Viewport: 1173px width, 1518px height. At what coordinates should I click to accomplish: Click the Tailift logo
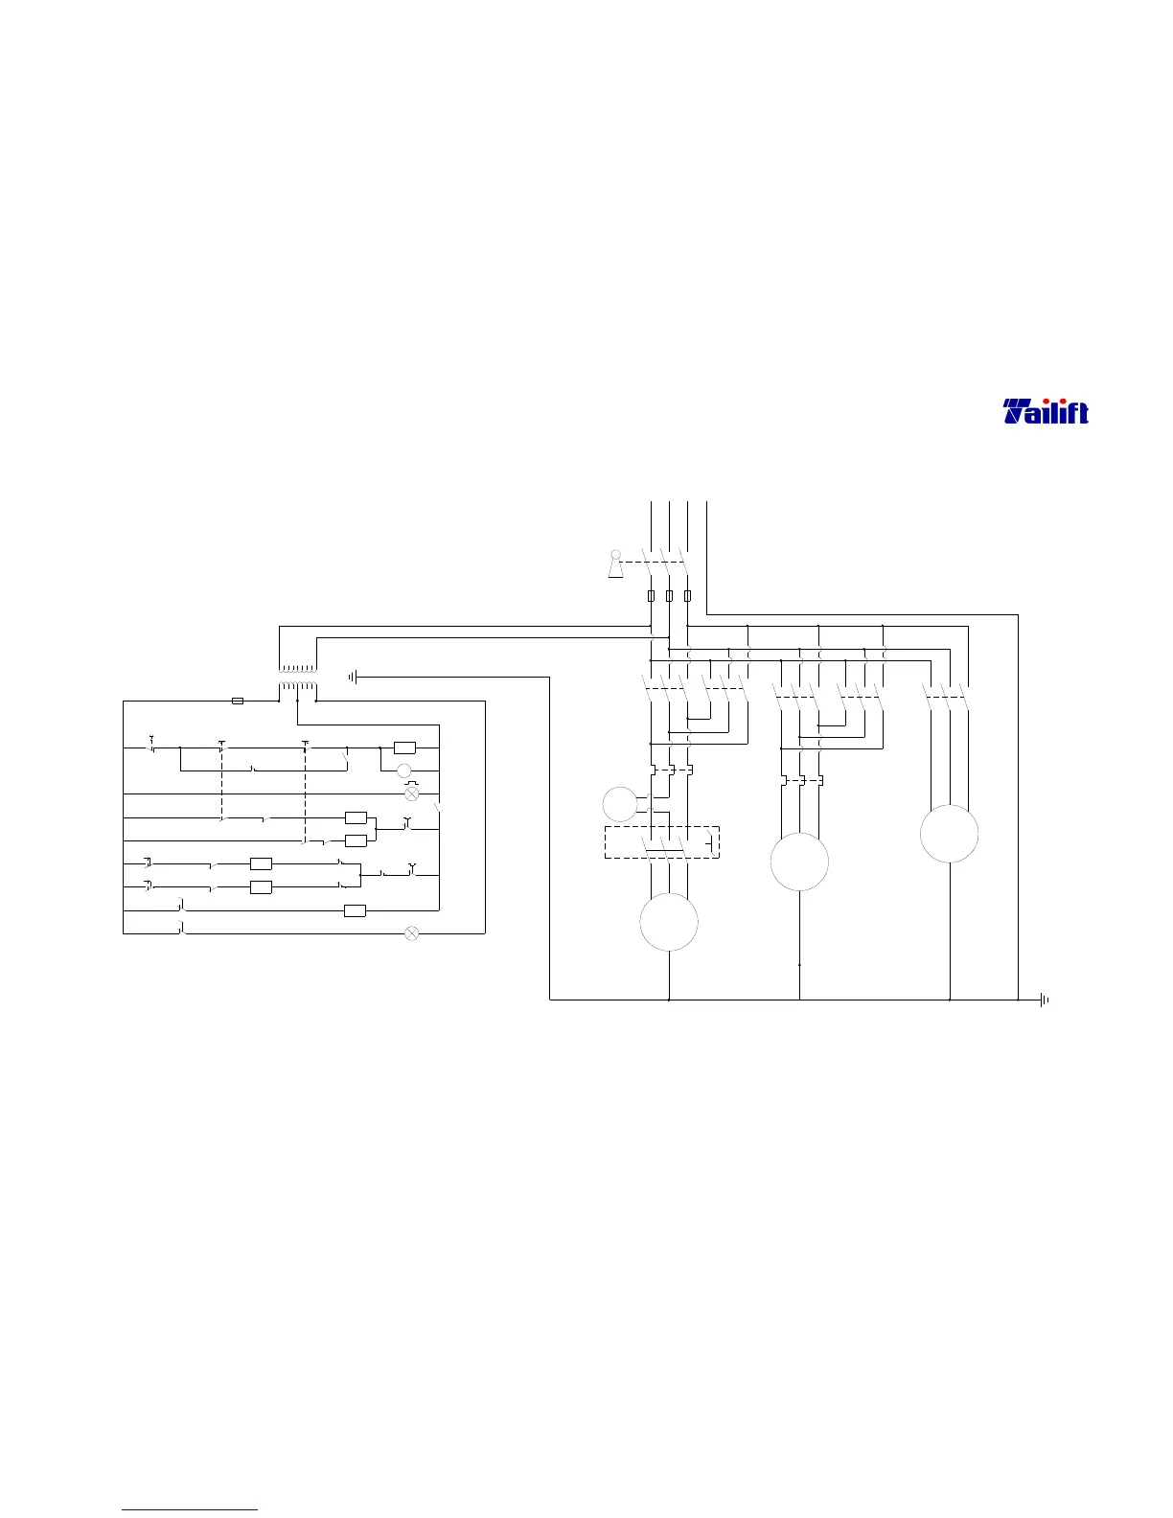point(1046,412)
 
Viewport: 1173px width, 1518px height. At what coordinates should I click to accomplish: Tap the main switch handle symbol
point(615,565)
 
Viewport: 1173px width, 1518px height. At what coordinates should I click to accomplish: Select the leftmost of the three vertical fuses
point(652,595)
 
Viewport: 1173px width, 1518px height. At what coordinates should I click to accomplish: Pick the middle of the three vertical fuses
point(669,595)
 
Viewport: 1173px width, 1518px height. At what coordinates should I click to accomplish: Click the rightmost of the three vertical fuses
point(687,595)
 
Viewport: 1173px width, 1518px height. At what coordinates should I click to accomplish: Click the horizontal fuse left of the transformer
point(238,701)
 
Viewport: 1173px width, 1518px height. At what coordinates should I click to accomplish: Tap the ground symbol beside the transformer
point(354,677)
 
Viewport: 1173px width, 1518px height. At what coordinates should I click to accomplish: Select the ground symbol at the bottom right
point(1044,1000)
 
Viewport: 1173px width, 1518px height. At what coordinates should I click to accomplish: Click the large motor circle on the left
point(668,922)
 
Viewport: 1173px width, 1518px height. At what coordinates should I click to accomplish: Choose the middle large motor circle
point(799,862)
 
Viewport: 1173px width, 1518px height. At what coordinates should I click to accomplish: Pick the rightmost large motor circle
point(949,834)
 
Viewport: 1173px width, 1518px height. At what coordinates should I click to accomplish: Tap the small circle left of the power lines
point(620,803)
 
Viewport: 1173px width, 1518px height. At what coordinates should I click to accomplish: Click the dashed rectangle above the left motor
point(661,842)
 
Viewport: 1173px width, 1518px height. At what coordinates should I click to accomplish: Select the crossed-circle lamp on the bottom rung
point(412,932)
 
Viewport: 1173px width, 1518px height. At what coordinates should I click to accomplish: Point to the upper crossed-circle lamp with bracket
point(412,793)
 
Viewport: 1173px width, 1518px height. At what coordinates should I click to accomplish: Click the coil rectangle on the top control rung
point(404,747)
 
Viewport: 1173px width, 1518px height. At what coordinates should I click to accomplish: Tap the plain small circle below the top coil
point(404,771)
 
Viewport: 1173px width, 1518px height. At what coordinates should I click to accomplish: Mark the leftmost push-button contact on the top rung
point(151,746)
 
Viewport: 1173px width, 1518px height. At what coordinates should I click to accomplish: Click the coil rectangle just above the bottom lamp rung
point(355,910)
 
